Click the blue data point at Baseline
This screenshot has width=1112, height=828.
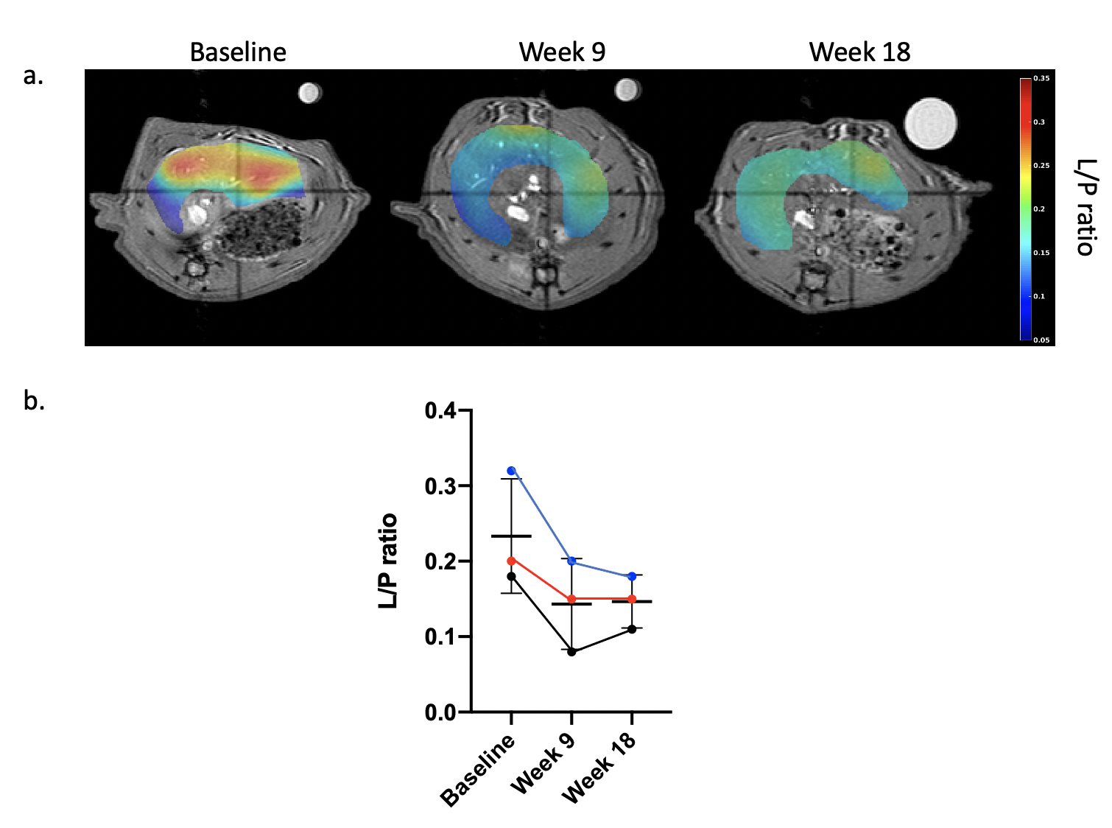pyautogui.click(x=511, y=471)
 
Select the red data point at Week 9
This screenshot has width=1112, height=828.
pyautogui.click(x=571, y=599)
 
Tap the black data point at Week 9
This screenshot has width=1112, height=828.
pyautogui.click(x=571, y=652)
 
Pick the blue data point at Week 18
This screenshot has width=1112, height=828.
pyautogui.click(x=632, y=576)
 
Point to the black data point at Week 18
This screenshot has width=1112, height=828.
pyautogui.click(x=632, y=629)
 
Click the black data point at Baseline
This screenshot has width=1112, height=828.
pyautogui.click(x=511, y=576)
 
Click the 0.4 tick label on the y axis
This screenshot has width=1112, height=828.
pyautogui.click(x=440, y=410)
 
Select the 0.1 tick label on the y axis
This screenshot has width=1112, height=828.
pyautogui.click(x=440, y=636)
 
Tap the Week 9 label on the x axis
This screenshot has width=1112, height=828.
pyautogui.click(x=543, y=764)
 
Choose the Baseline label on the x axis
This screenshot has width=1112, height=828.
pyautogui.click(x=478, y=771)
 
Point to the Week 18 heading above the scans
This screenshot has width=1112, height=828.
pyautogui.click(x=859, y=52)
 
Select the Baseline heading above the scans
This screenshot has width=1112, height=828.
pyautogui.click(x=238, y=52)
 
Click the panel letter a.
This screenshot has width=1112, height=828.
pyautogui.click(x=33, y=75)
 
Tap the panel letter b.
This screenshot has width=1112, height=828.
pyautogui.click(x=34, y=400)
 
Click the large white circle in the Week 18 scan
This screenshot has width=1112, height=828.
pyautogui.click(x=931, y=123)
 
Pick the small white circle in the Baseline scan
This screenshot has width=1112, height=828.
pyautogui.click(x=309, y=93)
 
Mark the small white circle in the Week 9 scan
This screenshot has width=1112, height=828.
pyautogui.click(x=627, y=90)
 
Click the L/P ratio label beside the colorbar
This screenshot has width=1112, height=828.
pyautogui.click(x=1085, y=207)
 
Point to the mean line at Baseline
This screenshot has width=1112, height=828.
pyautogui.click(x=511, y=536)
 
